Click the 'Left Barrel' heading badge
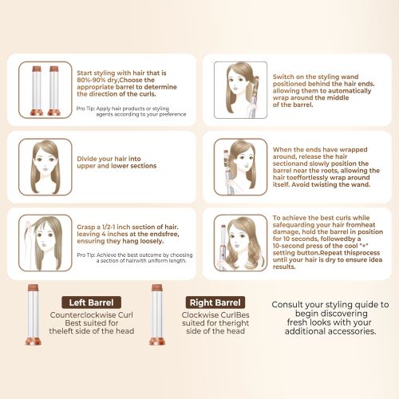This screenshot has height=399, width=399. (x=91, y=302)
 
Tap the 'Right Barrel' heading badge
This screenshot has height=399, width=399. (x=215, y=302)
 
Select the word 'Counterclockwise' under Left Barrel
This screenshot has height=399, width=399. (x=83, y=315)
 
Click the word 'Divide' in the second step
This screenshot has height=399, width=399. (x=87, y=159)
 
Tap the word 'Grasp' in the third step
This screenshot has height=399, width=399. (x=85, y=227)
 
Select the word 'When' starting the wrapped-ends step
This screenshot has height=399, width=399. (x=282, y=149)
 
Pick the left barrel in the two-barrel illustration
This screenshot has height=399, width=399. (x=37, y=90)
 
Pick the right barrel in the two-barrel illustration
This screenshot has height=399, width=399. (x=54, y=90)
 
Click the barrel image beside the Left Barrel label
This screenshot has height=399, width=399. (x=34, y=314)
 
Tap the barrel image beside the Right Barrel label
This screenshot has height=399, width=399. (x=157, y=314)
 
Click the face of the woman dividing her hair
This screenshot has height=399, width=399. (x=45, y=162)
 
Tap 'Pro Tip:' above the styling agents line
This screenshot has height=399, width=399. (x=85, y=109)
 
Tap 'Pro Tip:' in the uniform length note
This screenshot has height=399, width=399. (x=86, y=255)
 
